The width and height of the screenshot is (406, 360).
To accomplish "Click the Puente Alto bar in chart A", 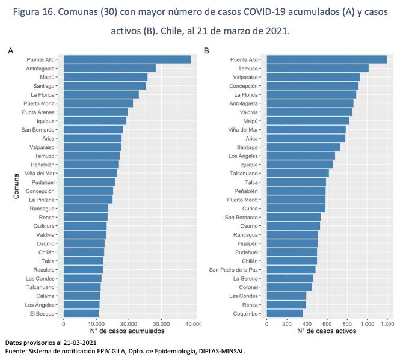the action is tap(127, 59).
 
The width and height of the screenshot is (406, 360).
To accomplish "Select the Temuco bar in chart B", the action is tap(318, 69).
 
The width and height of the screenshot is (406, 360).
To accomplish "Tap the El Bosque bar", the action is tap(81, 313).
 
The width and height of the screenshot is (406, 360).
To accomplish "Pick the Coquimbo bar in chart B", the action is tap(285, 313).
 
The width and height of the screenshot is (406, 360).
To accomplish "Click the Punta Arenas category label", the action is tap(38, 112).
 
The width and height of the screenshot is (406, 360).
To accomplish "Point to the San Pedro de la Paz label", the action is tap(233, 270).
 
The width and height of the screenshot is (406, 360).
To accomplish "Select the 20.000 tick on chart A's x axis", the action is tap(129, 324).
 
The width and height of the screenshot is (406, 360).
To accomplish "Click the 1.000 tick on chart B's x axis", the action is tap(368, 324).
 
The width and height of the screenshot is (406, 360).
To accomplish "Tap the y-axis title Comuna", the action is tap(16, 186).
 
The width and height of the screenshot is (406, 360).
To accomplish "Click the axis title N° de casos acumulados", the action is tap(127, 331).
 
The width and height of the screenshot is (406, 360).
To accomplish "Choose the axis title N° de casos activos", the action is tap(327, 331).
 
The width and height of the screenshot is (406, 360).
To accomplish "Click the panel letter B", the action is tap(206, 50).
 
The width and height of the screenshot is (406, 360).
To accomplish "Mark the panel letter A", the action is tap(11, 50).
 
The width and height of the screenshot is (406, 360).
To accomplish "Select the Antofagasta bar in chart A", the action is tap(110, 69).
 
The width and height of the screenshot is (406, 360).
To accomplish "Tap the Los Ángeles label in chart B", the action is tap(243, 156).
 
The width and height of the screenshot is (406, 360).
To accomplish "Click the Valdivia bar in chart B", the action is tap(309, 112).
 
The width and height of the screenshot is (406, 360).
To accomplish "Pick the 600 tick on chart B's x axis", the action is tap(327, 324).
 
